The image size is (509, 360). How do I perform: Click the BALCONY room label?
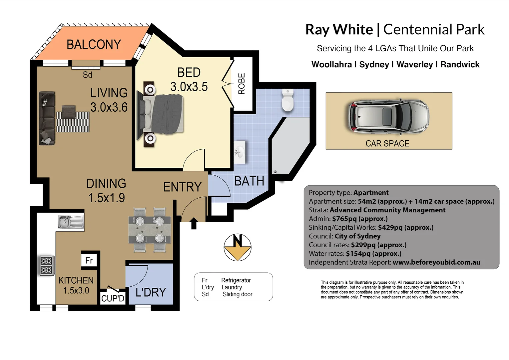coord(94,44)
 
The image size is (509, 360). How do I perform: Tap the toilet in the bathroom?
coord(287,100)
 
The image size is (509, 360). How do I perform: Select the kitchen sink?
coord(71,222)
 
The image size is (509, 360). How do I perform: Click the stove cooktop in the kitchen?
coord(46,265)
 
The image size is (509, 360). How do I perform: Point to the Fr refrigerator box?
coord(89,260)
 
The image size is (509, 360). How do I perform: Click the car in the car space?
coord(388,116)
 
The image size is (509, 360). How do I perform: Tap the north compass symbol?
coord(238,247)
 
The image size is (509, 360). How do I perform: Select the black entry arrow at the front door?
coord(194,223)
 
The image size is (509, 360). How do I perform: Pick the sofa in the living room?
coord(47,118)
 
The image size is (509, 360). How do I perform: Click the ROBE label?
coord(242,84)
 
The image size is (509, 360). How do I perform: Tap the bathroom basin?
coord(239,152)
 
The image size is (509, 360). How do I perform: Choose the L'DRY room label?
coord(151,292)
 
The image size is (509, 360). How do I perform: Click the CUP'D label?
coord(113,298)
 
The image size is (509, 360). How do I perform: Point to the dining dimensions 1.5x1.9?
coord(107,198)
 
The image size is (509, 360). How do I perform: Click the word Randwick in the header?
coord(460,65)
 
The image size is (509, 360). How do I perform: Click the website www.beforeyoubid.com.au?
coord(436,262)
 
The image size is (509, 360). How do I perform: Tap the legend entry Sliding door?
coord(238,294)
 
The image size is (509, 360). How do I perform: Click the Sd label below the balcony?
coord(88,75)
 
